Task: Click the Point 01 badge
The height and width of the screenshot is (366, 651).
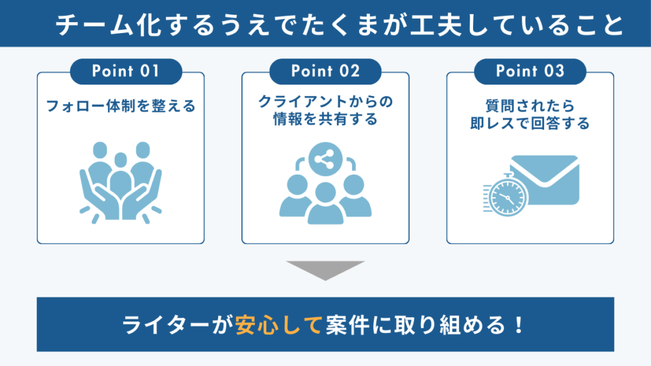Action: [x=126, y=71]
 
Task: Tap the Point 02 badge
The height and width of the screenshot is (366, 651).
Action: [x=325, y=71]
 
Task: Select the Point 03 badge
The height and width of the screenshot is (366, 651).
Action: [x=530, y=71]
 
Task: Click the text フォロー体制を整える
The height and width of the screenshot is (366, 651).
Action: [x=120, y=106]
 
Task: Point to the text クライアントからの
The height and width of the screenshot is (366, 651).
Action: [x=325, y=101]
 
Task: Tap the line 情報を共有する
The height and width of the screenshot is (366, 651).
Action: [x=325, y=119]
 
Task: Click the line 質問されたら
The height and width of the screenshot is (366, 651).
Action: [x=530, y=106]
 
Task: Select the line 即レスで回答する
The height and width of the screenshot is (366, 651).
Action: [x=530, y=123]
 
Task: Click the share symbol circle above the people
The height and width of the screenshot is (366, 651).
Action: [x=325, y=159]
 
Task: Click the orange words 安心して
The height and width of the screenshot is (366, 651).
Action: [x=278, y=325]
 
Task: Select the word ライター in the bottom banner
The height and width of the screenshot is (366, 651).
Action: [x=166, y=325]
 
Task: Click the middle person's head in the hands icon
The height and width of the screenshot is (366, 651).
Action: [x=121, y=159]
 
